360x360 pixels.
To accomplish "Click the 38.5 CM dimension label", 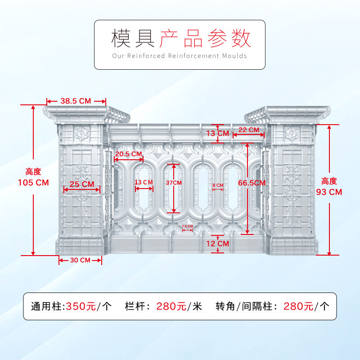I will click(76, 101).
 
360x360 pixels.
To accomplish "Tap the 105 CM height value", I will click(33, 183).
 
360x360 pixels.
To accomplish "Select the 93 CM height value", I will click(329, 192).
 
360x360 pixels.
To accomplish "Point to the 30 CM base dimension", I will click(80, 260).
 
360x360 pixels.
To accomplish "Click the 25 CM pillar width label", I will click(82, 184).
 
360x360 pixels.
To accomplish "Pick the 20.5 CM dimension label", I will click(129, 154).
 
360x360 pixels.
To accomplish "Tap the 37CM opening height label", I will click(174, 183).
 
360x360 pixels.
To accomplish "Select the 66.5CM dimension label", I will click(252, 182).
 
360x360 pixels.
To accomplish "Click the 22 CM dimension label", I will click(248, 130).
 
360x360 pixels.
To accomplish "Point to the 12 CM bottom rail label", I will click(217, 243).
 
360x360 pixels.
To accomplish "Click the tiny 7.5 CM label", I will click(187, 226).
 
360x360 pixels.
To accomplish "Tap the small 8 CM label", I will click(217, 185).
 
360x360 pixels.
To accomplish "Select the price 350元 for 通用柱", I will click(81, 306).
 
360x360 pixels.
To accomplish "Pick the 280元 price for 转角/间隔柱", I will click(298, 306).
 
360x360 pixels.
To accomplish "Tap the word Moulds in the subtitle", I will click(234, 56).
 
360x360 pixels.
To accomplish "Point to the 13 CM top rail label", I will click(217, 133).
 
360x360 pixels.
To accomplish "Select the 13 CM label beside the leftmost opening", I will click(144, 182).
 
